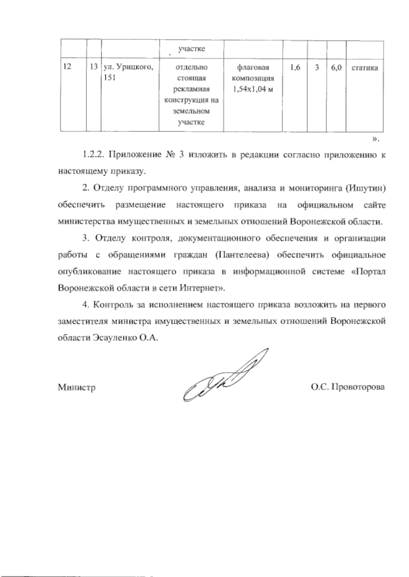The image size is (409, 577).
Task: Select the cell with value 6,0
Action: [x=336, y=68]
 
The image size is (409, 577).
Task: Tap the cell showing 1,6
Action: [x=295, y=68]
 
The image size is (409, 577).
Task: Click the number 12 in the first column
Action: [x=67, y=67]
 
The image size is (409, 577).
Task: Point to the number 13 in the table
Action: [x=94, y=67]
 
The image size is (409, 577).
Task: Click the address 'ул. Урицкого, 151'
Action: [x=126, y=72]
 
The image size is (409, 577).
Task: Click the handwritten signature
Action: [x=225, y=375]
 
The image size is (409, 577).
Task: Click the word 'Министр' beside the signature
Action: [x=77, y=388]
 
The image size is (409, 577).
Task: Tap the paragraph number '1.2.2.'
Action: [x=93, y=155]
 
